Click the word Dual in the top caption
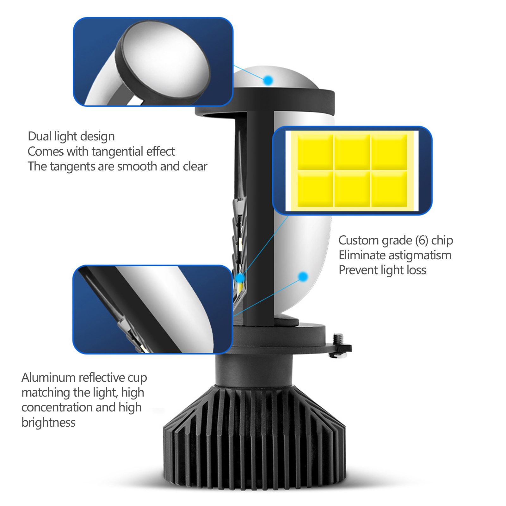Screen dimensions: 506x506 coord(40,136)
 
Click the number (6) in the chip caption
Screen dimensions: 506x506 coord(422,241)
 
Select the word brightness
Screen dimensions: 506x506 coord(48,423)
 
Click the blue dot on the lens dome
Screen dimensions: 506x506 coord(268,80)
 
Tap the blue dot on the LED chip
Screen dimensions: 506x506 coord(240,278)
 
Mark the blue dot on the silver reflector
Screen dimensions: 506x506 coord(303,277)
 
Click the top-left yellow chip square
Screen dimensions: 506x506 coord(315,152)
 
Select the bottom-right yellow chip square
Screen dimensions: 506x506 coord(389,189)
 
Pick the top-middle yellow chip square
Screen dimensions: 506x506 coord(352,152)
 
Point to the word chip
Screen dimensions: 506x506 coord(442,241)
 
